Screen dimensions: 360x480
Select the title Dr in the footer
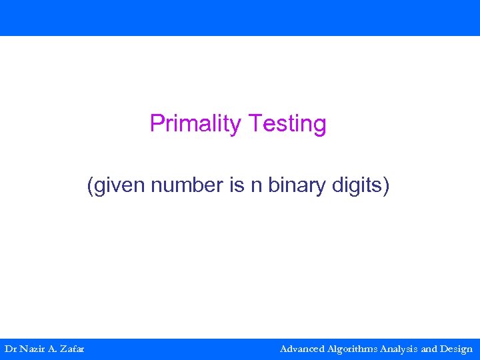pos(11,349)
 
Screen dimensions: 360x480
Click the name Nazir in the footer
pos(32,349)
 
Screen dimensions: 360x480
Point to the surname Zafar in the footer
pos(72,349)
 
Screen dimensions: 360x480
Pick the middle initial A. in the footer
pos(53,349)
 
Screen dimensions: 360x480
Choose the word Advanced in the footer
pos(303,349)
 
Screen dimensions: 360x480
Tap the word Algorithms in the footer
pos(353,349)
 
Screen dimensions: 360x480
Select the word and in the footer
pos(430,349)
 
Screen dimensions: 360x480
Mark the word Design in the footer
pos(457,349)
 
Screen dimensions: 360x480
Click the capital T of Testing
pos(253,124)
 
